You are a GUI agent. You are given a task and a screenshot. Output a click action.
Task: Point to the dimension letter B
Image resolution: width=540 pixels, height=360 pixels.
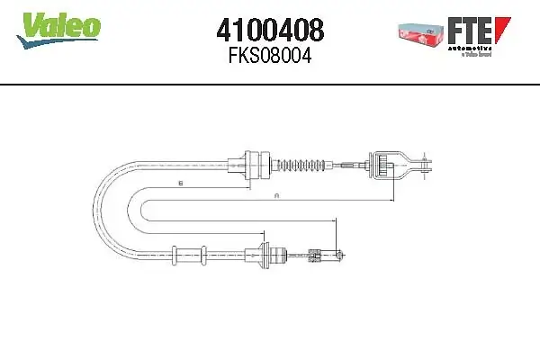[x=180, y=183]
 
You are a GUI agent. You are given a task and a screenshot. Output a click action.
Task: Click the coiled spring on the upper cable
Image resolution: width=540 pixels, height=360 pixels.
[x=301, y=165]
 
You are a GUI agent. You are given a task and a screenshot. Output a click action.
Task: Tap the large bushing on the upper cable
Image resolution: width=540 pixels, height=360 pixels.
[x=260, y=165]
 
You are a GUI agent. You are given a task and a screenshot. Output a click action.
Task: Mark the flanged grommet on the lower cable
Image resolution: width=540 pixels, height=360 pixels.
[x=264, y=255]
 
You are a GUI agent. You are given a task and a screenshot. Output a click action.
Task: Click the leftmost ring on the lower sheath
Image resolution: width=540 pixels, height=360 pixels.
[x=172, y=255]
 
